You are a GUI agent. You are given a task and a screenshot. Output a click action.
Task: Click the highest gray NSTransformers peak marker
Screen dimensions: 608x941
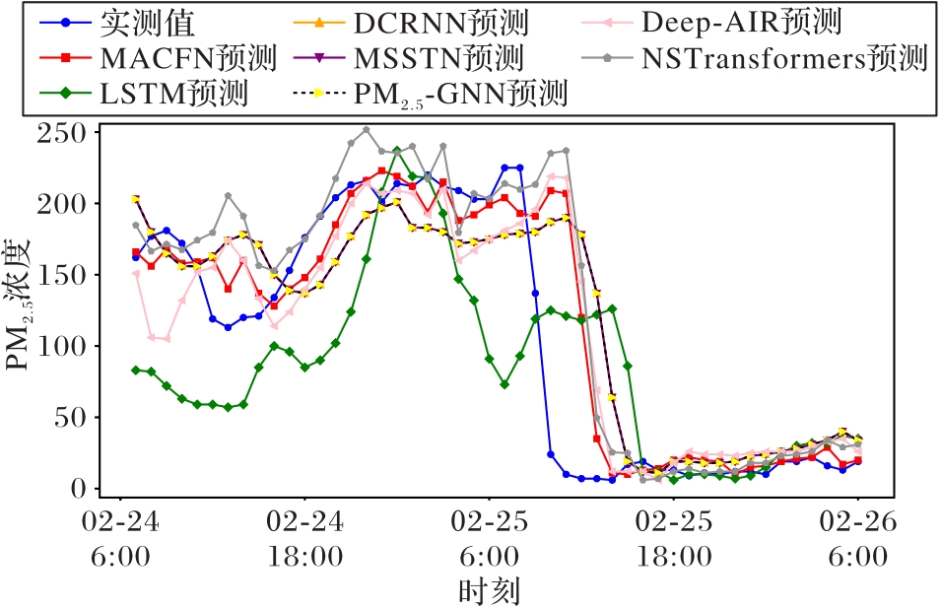click(x=366, y=129)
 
